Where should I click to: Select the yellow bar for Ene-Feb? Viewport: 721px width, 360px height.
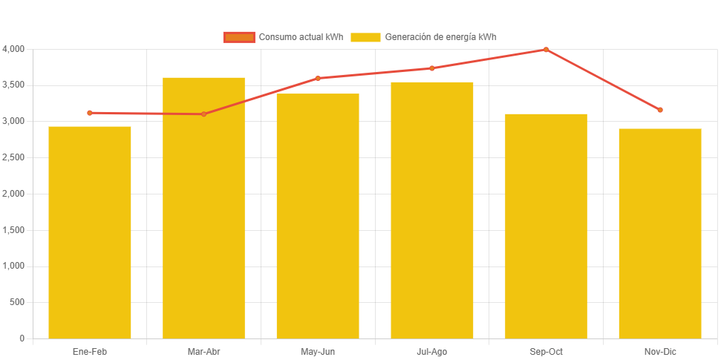pos(90,232)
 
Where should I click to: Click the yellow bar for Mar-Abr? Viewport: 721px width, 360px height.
pos(203,208)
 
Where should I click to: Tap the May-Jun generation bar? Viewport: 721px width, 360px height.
pos(318,216)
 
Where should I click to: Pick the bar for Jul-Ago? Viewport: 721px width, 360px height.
pos(431,210)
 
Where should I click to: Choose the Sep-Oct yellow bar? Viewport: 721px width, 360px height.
pos(546,226)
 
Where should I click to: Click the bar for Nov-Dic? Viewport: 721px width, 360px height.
pos(659,234)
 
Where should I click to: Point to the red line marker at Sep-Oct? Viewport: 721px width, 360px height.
pos(546,50)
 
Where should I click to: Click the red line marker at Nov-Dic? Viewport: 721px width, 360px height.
pos(659,110)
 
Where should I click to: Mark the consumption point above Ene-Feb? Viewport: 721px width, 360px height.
pos(90,113)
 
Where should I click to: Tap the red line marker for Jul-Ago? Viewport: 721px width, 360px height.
pos(431,68)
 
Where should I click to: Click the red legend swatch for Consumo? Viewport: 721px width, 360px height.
pos(239,37)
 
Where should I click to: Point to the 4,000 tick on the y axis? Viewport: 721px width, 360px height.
pos(13,49)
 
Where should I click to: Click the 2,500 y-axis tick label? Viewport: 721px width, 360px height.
pos(13,157)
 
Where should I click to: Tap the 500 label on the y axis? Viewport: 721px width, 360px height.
pos(16,302)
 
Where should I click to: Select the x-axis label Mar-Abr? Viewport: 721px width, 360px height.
pos(203,351)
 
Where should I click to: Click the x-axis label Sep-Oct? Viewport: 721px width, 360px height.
pos(546,351)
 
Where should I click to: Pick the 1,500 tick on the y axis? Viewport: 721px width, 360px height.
pos(13,230)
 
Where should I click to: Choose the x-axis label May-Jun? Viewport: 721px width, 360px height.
pos(318,351)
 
